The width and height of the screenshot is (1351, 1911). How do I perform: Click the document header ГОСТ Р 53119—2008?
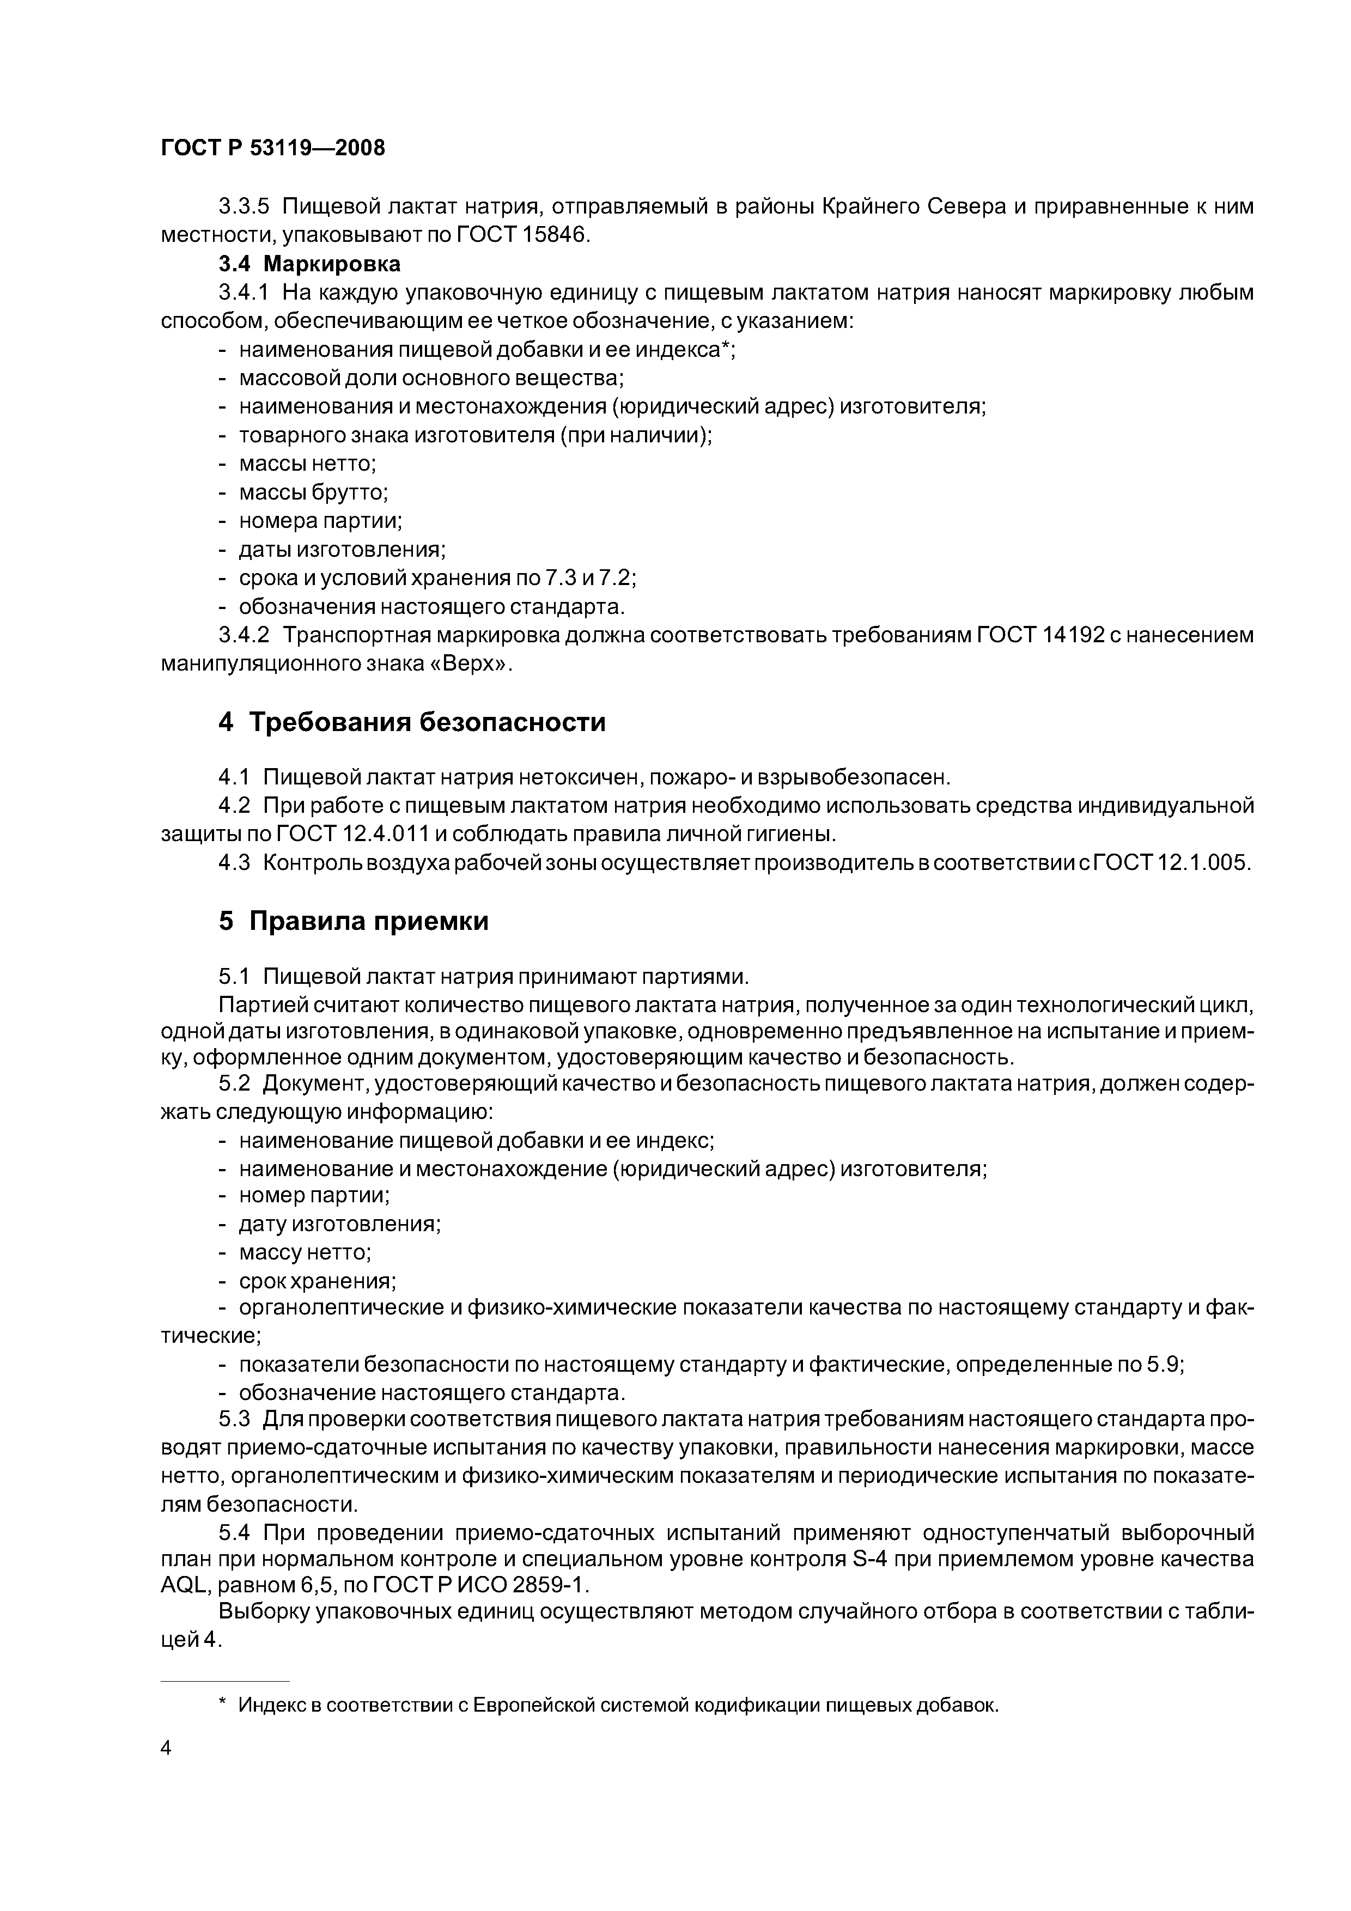pyautogui.click(x=273, y=148)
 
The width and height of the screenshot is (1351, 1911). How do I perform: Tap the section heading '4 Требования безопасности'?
pyautogui.click(x=411, y=722)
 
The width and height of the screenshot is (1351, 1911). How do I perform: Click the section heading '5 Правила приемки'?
pyautogui.click(x=353, y=921)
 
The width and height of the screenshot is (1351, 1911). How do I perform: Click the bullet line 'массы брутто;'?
pyautogui.click(x=313, y=493)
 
